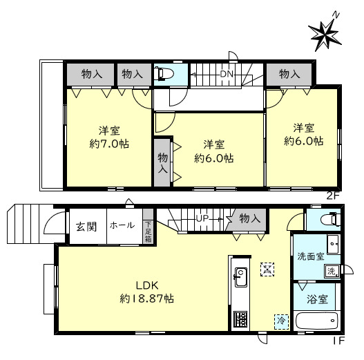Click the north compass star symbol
coord(325,33)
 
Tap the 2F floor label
coord(333,196)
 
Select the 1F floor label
coord(339,341)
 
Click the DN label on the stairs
coord(227,74)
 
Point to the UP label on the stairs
coord(202,218)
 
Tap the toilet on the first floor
coord(331,219)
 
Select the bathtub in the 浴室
coord(316,321)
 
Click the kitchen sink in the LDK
coord(241,277)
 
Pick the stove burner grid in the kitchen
coord(241,319)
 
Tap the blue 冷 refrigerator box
coord(281,321)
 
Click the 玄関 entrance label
coord(86,227)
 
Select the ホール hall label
coord(122,225)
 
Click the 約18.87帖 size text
coord(146,299)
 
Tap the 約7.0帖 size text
coord(109,144)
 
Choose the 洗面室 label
coord(311,256)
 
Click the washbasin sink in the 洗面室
coord(334,245)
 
